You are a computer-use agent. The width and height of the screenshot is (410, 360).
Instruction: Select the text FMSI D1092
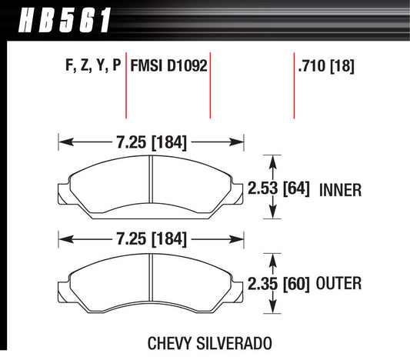click(x=169, y=66)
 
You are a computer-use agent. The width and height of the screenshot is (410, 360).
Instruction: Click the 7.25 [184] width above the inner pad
click(x=151, y=142)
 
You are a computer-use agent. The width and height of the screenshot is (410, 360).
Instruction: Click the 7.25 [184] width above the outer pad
click(x=151, y=239)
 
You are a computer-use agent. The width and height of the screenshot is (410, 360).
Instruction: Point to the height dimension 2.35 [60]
click(x=279, y=285)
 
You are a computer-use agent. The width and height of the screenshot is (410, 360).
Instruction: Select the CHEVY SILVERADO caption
click(x=199, y=342)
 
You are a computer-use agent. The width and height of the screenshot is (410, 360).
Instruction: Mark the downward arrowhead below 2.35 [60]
click(x=270, y=313)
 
